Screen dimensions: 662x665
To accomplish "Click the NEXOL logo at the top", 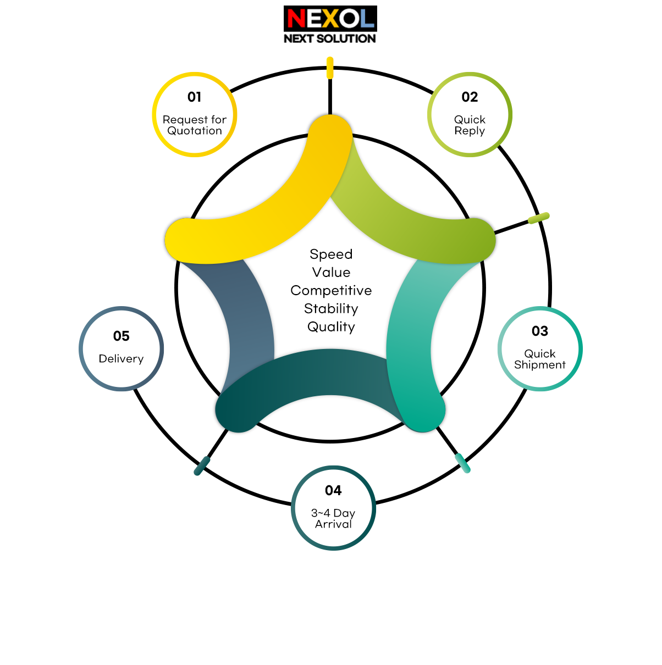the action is tap(330, 19).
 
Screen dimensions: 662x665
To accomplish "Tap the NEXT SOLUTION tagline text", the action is tap(330, 38).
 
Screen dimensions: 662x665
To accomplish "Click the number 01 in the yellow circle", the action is tap(195, 97).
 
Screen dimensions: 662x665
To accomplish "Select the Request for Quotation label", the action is tap(195, 125).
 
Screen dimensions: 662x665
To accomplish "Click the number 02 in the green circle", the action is tap(470, 97).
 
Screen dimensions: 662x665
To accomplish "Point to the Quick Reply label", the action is tap(470, 125).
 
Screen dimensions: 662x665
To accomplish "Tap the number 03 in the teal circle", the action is tap(540, 331).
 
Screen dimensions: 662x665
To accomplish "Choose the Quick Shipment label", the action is tap(540, 359).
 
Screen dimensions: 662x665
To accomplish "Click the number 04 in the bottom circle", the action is tap(333, 490).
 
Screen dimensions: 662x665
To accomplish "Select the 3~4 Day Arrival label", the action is tap(333, 518).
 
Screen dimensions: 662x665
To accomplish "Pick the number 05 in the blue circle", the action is tap(121, 336).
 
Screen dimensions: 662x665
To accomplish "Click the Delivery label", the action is tap(121, 359).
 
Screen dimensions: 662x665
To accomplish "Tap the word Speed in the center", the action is tap(331, 254).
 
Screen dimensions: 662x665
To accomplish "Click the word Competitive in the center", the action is tap(331, 291).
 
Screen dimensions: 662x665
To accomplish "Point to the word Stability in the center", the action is tap(331, 309).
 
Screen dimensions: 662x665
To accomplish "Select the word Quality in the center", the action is tap(331, 327).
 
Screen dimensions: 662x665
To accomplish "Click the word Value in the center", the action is tap(331, 272).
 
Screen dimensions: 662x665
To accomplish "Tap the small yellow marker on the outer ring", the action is tap(330, 68).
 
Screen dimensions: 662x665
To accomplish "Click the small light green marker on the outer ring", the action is tap(539, 218).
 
